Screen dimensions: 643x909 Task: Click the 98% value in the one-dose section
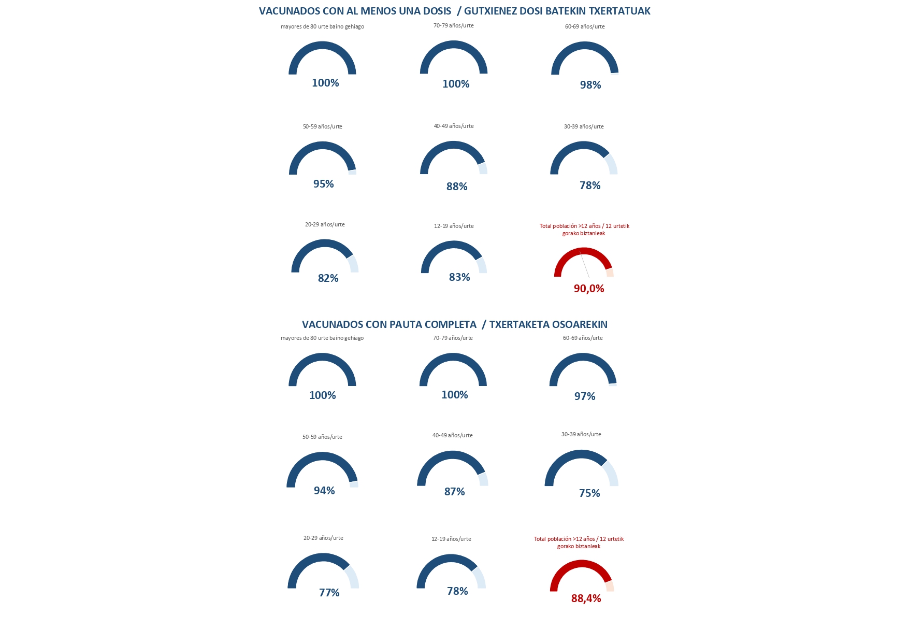click(x=590, y=85)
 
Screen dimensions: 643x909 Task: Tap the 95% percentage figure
click(x=323, y=184)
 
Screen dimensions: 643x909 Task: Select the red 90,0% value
click(x=589, y=289)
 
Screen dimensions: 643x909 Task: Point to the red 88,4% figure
click(x=586, y=598)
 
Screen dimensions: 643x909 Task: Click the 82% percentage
click(x=328, y=278)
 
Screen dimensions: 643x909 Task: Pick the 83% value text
click(x=459, y=277)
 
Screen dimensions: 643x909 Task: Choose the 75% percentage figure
click(x=589, y=493)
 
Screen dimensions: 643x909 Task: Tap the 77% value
click(x=329, y=593)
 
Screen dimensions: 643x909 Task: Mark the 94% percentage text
click(x=324, y=491)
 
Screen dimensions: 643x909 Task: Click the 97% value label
click(x=585, y=396)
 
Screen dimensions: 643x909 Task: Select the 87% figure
click(x=454, y=492)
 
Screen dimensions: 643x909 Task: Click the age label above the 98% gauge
click(x=585, y=26)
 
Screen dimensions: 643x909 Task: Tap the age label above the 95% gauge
click(x=322, y=126)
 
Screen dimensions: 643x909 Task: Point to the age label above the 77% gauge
click(x=323, y=538)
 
